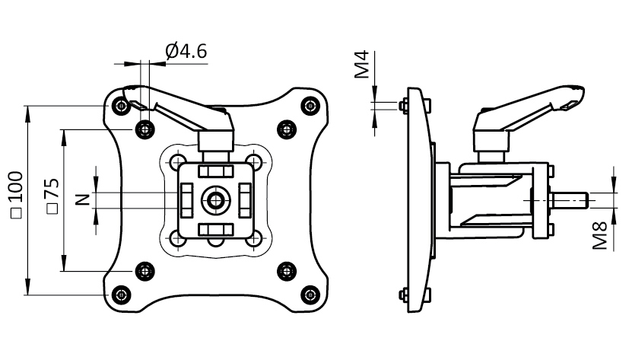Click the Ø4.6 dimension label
(x=186, y=52)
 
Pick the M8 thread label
(x=601, y=234)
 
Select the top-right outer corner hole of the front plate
(x=310, y=106)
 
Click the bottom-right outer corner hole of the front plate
(x=310, y=294)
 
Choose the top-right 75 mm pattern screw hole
(x=287, y=129)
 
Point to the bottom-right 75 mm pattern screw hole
(x=287, y=270)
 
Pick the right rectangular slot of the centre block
(x=244, y=200)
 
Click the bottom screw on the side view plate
(x=401, y=295)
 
